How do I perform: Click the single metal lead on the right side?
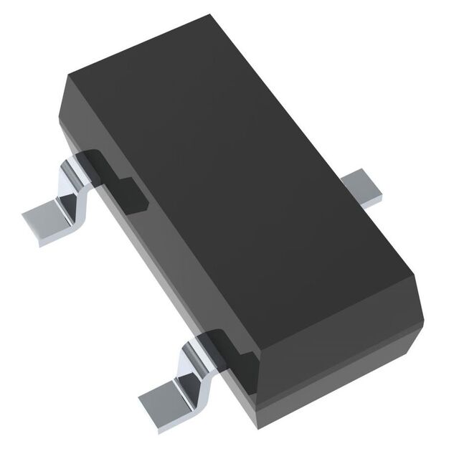[x=361, y=188]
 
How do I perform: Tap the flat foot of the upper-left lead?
[x=50, y=219]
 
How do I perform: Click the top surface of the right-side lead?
[x=359, y=183]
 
